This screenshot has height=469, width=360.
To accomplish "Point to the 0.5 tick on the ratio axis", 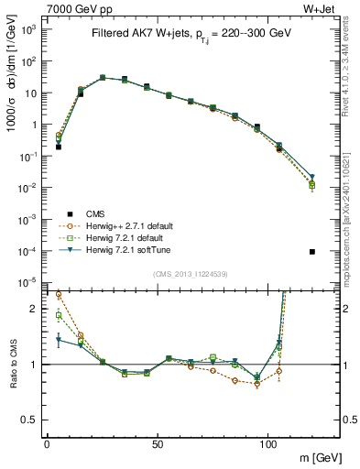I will click(x=29, y=420).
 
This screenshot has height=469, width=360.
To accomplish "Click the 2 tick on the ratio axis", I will click(x=34, y=309).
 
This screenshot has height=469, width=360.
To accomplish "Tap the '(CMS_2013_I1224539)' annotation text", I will click(x=191, y=272).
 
